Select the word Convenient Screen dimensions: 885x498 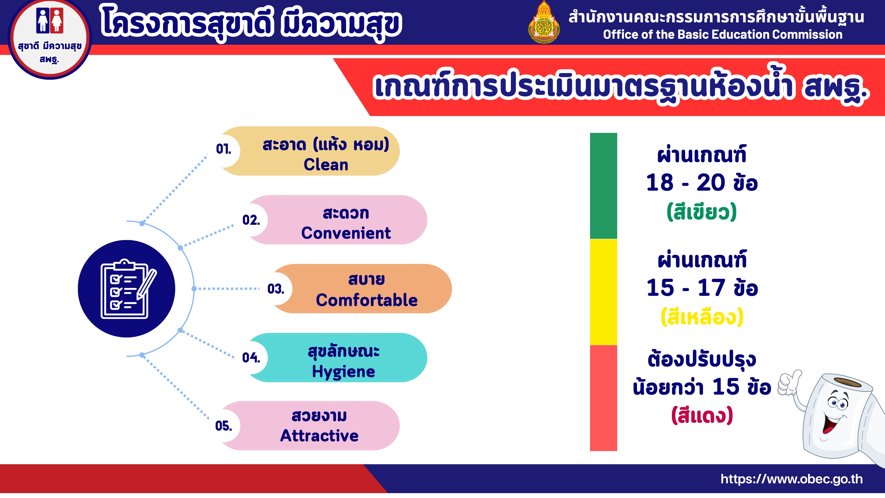[x=346, y=233]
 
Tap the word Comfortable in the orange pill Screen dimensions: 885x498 [x=367, y=300]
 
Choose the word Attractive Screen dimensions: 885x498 [x=319, y=436]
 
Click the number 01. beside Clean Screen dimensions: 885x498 [x=223, y=149]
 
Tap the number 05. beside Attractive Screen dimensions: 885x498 [x=223, y=426]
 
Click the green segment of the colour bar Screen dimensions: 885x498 [x=603, y=186]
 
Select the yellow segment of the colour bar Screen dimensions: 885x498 [x=603, y=292]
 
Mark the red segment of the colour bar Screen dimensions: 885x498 [x=603, y=398]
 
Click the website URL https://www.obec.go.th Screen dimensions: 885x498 [x=792, y=479]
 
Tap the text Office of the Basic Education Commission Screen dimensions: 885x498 [x=723, y=34]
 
